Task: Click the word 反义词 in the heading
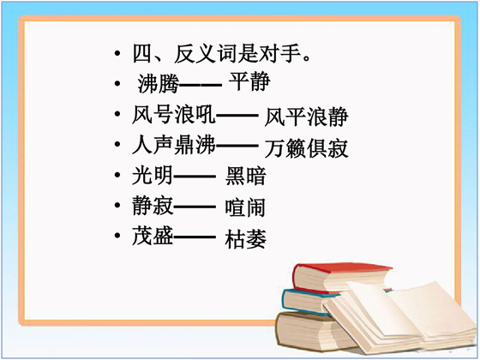(x=206, y=54)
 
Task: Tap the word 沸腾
(x=158, y=84)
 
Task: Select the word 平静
(x=249, y=82)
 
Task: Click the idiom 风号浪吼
(x=174, y=115)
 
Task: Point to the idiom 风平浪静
(x=307, y=117)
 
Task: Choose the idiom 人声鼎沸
(x=174, y=145)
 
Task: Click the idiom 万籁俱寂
(x=307, y=148)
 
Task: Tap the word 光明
(x=153, y=176)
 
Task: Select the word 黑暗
(x=245, y=176)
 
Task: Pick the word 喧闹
(x=245, y=207)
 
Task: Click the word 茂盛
(x=153, y=236)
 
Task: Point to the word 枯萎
(x=245, y=239)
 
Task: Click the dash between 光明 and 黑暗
(x=195, y=177)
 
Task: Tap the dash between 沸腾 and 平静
(x=201, y=84)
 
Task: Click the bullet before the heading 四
(x=117, y=54)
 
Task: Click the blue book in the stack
(x=309, y=302)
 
